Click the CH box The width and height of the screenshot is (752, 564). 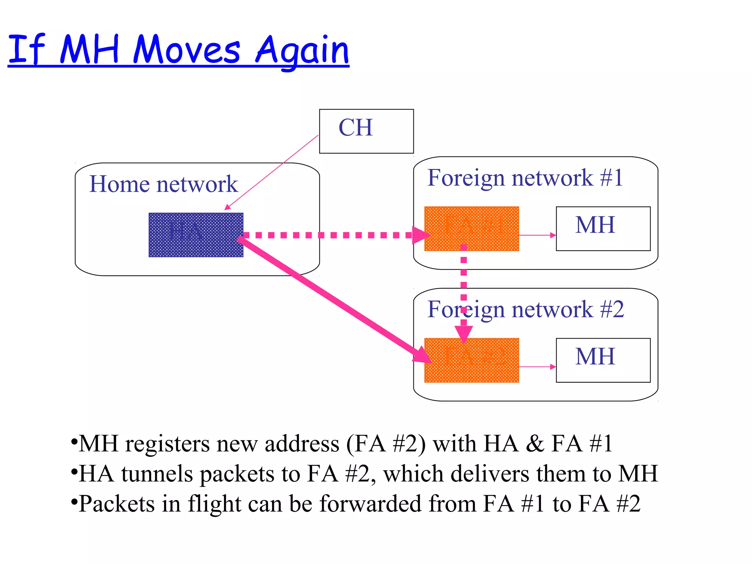click(x=366, y=131)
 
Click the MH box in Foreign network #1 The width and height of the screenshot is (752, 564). click(x=603, y=229)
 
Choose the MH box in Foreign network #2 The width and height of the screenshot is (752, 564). click(x=603, y=360)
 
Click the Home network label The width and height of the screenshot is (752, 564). click(x=163, y=184)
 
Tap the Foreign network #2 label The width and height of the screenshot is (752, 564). click(x=525, y=309)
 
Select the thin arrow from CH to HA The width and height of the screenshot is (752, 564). click(x=272, y=172)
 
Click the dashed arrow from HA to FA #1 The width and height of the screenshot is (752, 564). click(x=330, y=235)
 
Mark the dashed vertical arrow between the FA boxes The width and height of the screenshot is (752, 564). click(x=464, y=286)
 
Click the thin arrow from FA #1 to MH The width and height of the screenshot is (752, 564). click(x=537, y=235)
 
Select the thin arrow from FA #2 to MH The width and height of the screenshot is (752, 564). click(x=537, y=366)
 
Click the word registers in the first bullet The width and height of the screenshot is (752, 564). click(x=167, y=444)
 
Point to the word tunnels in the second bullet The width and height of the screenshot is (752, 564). click(x=157, y=474)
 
